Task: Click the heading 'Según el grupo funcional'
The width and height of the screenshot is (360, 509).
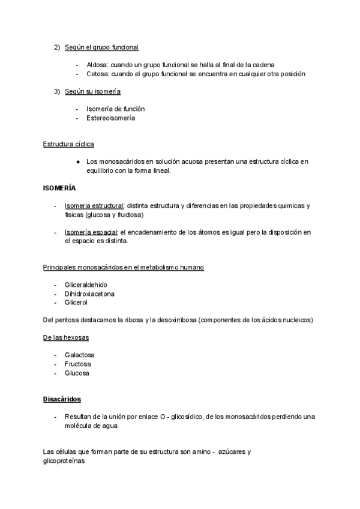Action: click(x=101, y=47)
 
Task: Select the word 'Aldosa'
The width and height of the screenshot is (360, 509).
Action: click(x=96, y=65)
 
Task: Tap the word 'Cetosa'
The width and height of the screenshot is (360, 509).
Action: click(x=96, y=74)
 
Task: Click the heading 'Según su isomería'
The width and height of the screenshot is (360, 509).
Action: click(x=92, y=91)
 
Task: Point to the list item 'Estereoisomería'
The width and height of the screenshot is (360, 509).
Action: click(x=110, y=118)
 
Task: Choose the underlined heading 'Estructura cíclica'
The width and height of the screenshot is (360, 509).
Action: click(x=68, y=144)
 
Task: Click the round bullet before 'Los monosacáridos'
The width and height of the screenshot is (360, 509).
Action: click(x=79, y=161)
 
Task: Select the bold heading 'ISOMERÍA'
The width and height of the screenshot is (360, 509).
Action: click(x=59, y=188)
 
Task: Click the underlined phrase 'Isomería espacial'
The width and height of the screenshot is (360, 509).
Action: click(x=91, y=232)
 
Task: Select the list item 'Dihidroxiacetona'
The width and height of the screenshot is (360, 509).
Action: click(x=89, y=294)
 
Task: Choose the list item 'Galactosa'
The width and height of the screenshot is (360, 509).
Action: click(x=80, y=355)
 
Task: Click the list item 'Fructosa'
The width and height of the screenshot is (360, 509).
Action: click(x=78, y=364)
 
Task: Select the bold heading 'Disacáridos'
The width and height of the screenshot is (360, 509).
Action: click(x=62, y=399)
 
